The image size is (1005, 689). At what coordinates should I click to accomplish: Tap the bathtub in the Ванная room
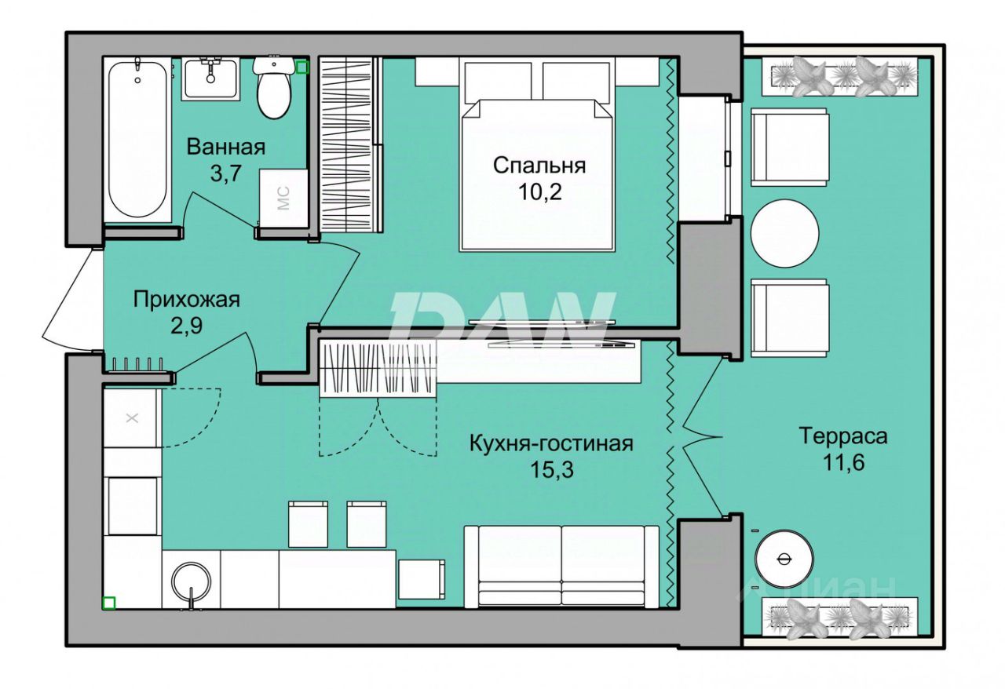(x=137, y=140)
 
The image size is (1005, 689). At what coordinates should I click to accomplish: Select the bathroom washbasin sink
(x=210, y=78)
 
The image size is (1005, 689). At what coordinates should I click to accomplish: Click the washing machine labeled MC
(x=283, y=199)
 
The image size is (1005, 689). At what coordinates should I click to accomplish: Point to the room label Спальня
(x=539, y=166)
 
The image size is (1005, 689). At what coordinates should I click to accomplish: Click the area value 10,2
(x=539, y=192)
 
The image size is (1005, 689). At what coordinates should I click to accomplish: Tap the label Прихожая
(x=187, y=300)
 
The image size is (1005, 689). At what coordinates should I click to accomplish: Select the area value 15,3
(x=552, y=470)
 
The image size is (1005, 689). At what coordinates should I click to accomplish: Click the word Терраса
(x=843, y=436)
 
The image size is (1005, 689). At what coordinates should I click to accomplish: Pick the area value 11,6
(x=843, y=462)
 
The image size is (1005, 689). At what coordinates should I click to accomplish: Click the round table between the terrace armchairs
(x=785, y=233)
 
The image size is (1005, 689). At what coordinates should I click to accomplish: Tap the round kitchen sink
(x=192, y=581)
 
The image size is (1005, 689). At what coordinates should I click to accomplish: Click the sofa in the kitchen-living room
(x=561, y=567)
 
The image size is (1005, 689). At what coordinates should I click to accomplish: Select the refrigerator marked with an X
(x=132, y=418)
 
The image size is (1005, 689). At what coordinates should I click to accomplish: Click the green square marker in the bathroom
(x=303, y=67)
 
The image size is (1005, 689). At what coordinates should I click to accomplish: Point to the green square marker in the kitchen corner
(x=109, y=603)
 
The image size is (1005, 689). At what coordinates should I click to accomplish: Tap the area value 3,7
(x=226, y=173)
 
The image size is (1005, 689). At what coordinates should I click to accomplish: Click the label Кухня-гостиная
(x=551, y=443)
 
